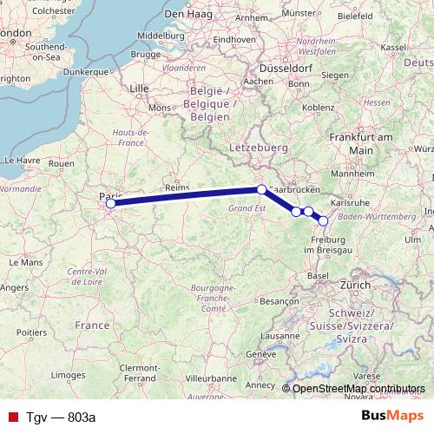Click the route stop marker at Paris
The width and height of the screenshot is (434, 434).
click(110, 204)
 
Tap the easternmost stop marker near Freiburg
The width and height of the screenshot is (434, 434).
click(324, 220)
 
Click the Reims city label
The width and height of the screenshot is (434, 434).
click(177, 187)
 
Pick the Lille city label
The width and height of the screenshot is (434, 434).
click(139, 89)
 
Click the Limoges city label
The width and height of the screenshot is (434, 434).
click(71, 374)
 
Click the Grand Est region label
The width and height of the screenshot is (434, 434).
click(247, 209)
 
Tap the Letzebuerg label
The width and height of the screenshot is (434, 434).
click(258, 148)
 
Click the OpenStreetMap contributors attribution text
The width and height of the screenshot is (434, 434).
click(358, 389)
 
